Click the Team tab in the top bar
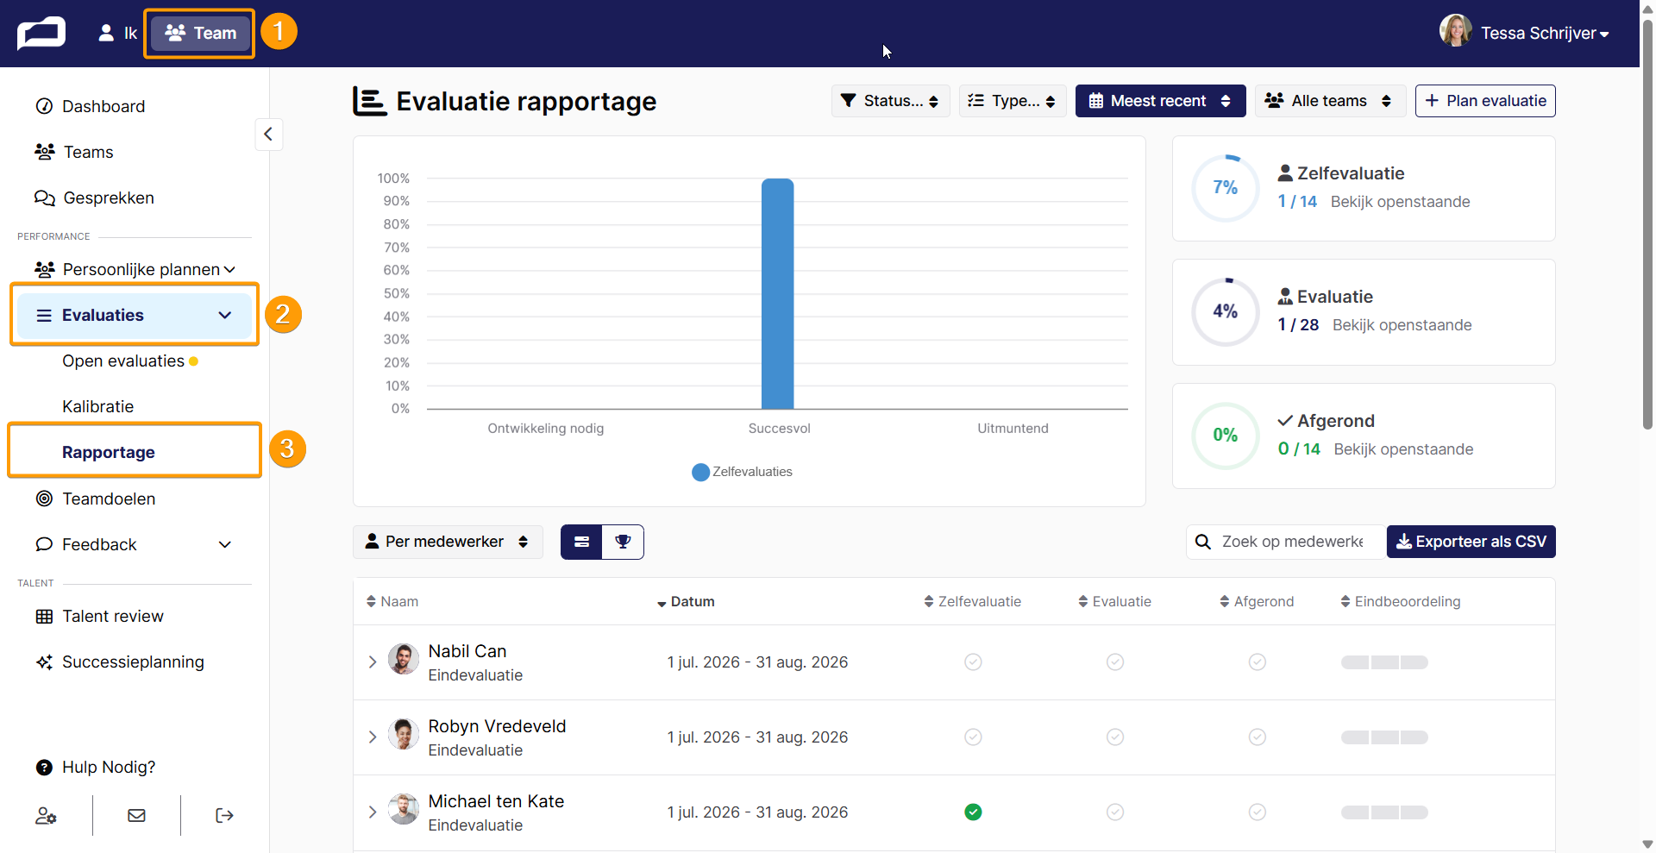click(x=200, y=33)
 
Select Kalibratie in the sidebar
click(x=97, y=406)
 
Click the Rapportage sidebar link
click(x=109, y=452)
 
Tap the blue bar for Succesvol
click(x=777, y=293)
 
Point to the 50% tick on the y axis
click(x=397, y=293)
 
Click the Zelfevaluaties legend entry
click(x=742, y=472)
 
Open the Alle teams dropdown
click(x=1330, y=101)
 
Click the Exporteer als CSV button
click(x=1471, y=542)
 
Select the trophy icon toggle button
click(x=623, y=542)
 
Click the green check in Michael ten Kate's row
click(x=973, y=812)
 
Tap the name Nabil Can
click(x=467, y=651)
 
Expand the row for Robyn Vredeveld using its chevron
click(x=373, y=737)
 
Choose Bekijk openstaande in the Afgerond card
click(x=1403, y=449)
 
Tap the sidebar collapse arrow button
click(x=268, y=134)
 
